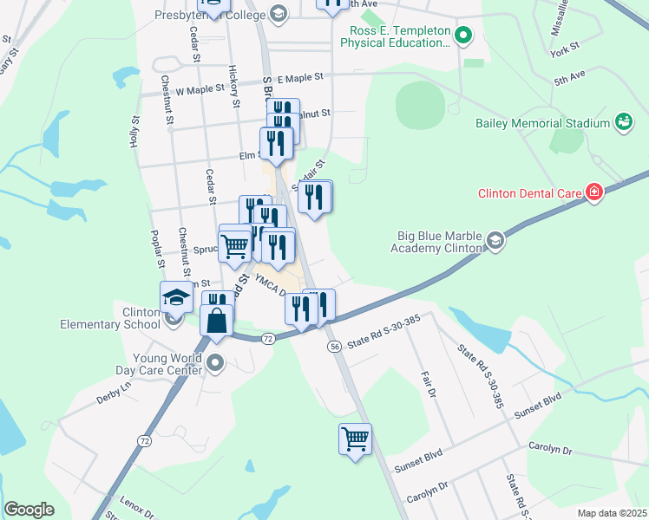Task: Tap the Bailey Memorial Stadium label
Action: coord(543,123)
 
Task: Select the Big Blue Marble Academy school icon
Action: coord(495,241)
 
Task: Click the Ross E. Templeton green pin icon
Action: coord(463,36)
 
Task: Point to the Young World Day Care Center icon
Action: coord(215,362)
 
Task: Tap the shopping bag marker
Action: coord(216,320)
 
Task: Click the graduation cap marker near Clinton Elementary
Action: coord(176,296)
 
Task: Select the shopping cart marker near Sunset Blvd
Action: coord(355,439)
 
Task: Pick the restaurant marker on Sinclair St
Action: coord(314,197)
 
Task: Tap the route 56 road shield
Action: coord(334,347)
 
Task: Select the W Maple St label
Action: coord(200,90)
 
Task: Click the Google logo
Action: coord(29,510)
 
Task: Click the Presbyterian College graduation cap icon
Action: coord(278,13)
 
